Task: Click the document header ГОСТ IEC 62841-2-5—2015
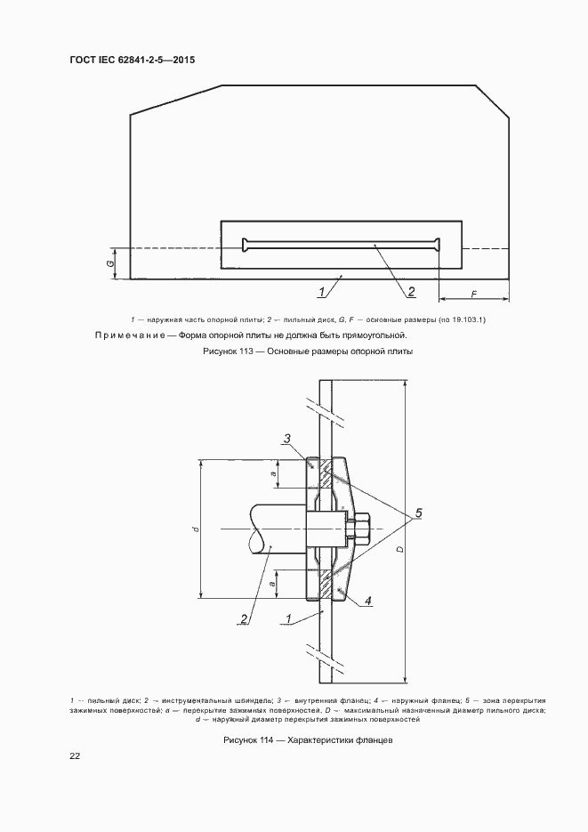click(132, 60)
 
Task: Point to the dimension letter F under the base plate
click(473, 294)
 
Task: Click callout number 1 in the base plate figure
click(322, 291)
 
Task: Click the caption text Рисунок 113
click(230, 351)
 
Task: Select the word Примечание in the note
click(134, 335)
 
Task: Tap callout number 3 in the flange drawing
click(286, 439)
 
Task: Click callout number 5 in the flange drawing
click(418, 513)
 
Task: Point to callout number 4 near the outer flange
click(367, 602)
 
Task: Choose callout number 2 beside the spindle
click(245, 618)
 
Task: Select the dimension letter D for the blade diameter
click(400, 549)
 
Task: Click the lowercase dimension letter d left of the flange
click(197, 529)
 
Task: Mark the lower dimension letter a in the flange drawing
click(272, 585)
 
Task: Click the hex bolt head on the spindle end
click(360, 529)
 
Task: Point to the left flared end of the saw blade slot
click(246, 245)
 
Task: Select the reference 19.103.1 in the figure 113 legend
click(469, 320)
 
